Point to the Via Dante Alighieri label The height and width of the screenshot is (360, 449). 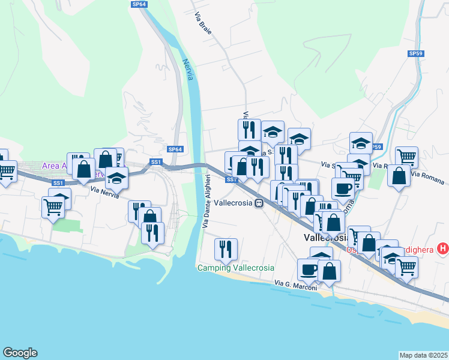[206, 202]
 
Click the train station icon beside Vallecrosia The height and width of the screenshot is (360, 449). [259, 203]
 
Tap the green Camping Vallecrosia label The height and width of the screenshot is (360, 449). [236, 268]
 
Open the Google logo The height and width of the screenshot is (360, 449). [20, 353]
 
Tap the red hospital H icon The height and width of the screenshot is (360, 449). [443, 248]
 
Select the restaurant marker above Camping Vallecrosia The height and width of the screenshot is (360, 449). [226, 248]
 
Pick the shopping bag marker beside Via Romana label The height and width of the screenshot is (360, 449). [399, 176]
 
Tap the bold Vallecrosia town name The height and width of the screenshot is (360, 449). [323, 238]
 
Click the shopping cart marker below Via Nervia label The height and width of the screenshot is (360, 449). [53, 208]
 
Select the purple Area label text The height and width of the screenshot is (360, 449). [54, 166]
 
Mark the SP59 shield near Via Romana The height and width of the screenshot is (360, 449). [376, 146]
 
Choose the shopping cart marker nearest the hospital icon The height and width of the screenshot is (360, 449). [407, 267]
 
